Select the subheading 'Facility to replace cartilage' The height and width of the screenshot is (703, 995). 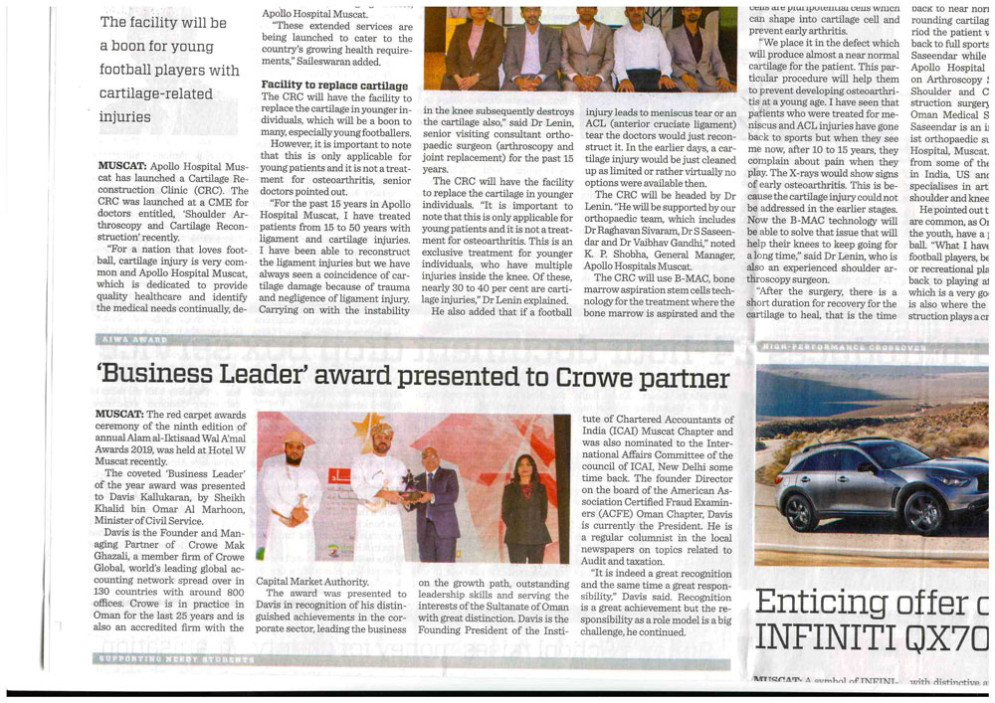point(334,86)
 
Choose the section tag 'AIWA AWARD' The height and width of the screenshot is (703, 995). point(134,340)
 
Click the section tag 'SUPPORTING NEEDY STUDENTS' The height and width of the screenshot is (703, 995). point(174,659)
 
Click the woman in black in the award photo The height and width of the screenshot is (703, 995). point(524,507)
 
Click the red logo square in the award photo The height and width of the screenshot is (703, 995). point(340,475)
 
